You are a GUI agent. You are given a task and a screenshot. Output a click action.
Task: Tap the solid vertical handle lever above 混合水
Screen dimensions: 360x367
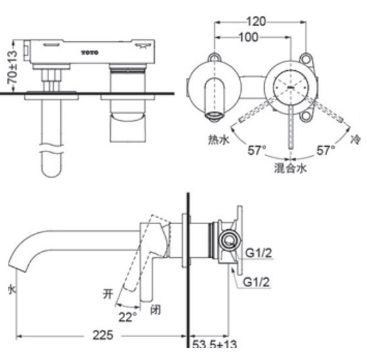(288, 131)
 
